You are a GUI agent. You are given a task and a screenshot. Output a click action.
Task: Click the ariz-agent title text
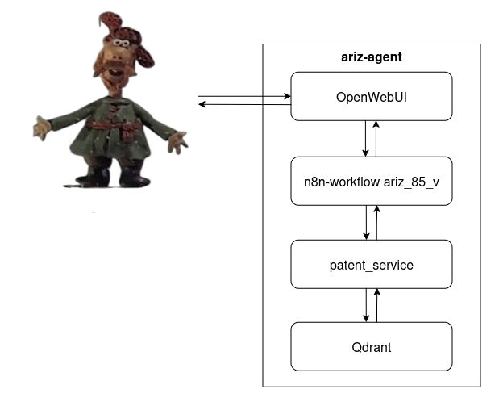pos(371,57)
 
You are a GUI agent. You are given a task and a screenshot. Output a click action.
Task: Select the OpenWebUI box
pos(372,96)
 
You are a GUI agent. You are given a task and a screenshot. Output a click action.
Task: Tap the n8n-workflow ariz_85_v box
pos(372,181)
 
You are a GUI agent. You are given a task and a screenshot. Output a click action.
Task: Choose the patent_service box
pos(372,264)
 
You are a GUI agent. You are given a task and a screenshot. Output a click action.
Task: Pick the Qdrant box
pos(372,346)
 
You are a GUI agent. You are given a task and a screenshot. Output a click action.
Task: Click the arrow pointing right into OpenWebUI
pos(244,96)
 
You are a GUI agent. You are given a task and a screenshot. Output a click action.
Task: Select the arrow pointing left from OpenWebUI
pos(244,104)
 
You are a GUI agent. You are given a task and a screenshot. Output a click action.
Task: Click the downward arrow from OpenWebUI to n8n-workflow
pos(366,139)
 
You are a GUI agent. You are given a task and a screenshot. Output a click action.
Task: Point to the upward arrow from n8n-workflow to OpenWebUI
pos(376,139)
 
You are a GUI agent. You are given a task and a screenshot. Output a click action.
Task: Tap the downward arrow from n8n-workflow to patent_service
pos(366,223)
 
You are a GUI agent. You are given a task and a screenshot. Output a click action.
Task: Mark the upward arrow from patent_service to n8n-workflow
pos(376,223)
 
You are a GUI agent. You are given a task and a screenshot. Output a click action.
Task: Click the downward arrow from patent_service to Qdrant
pos(366,305)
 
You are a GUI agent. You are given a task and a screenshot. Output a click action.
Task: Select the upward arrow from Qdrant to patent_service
pos(376,305)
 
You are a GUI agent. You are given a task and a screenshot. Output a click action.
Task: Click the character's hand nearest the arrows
pos(177,142)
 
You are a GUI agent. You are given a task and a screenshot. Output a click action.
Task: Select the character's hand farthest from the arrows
pos(42,128)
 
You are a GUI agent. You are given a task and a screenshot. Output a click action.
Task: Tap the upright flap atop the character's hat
pos(110,22)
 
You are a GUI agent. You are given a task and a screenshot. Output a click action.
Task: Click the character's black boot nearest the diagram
pos(134,176)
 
